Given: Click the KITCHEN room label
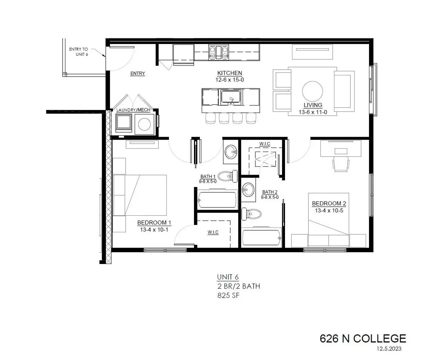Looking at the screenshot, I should click(229, 73).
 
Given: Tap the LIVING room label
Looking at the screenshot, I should click(313, 105).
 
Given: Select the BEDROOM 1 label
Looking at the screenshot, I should click(154, 223).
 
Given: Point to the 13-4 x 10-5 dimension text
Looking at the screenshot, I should click(329, 210).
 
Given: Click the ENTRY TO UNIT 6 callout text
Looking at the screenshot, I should click(79, 52).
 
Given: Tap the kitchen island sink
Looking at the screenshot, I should click(231, 97).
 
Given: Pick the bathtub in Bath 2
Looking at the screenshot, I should click(262, 238).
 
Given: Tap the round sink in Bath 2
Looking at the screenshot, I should click(248, 190).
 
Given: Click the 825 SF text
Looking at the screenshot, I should click(228, 295).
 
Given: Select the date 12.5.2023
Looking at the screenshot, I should click(389, 349).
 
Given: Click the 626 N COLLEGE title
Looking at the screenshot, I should click(363, 339).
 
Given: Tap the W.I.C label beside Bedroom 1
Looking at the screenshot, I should click(213, 232).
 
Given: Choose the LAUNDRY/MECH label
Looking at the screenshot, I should click(133, 110).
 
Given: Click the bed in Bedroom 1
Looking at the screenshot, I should click(140, 195).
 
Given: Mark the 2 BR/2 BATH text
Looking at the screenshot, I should click(238, 286).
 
